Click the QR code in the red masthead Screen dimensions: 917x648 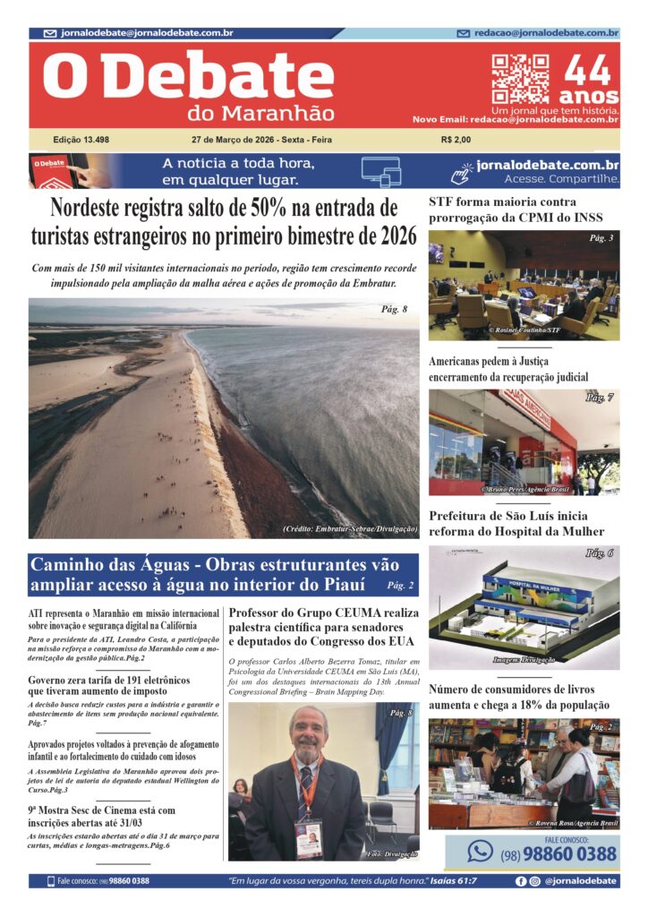tap(519, 79)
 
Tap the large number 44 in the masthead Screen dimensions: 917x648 tap(588, 71)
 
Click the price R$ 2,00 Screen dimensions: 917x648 tap(456, 140)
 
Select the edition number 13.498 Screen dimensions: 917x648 tap(81, 140)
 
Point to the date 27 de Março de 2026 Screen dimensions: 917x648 tap(234, 140)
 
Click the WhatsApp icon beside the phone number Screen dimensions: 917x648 tap(481, 851)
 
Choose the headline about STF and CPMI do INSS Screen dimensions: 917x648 tap(516, 210)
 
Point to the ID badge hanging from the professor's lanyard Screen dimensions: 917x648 tap(308, 836)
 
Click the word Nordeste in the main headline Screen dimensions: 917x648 tap(96, 209)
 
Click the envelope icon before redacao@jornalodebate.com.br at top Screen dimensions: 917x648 tap(463, 34)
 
